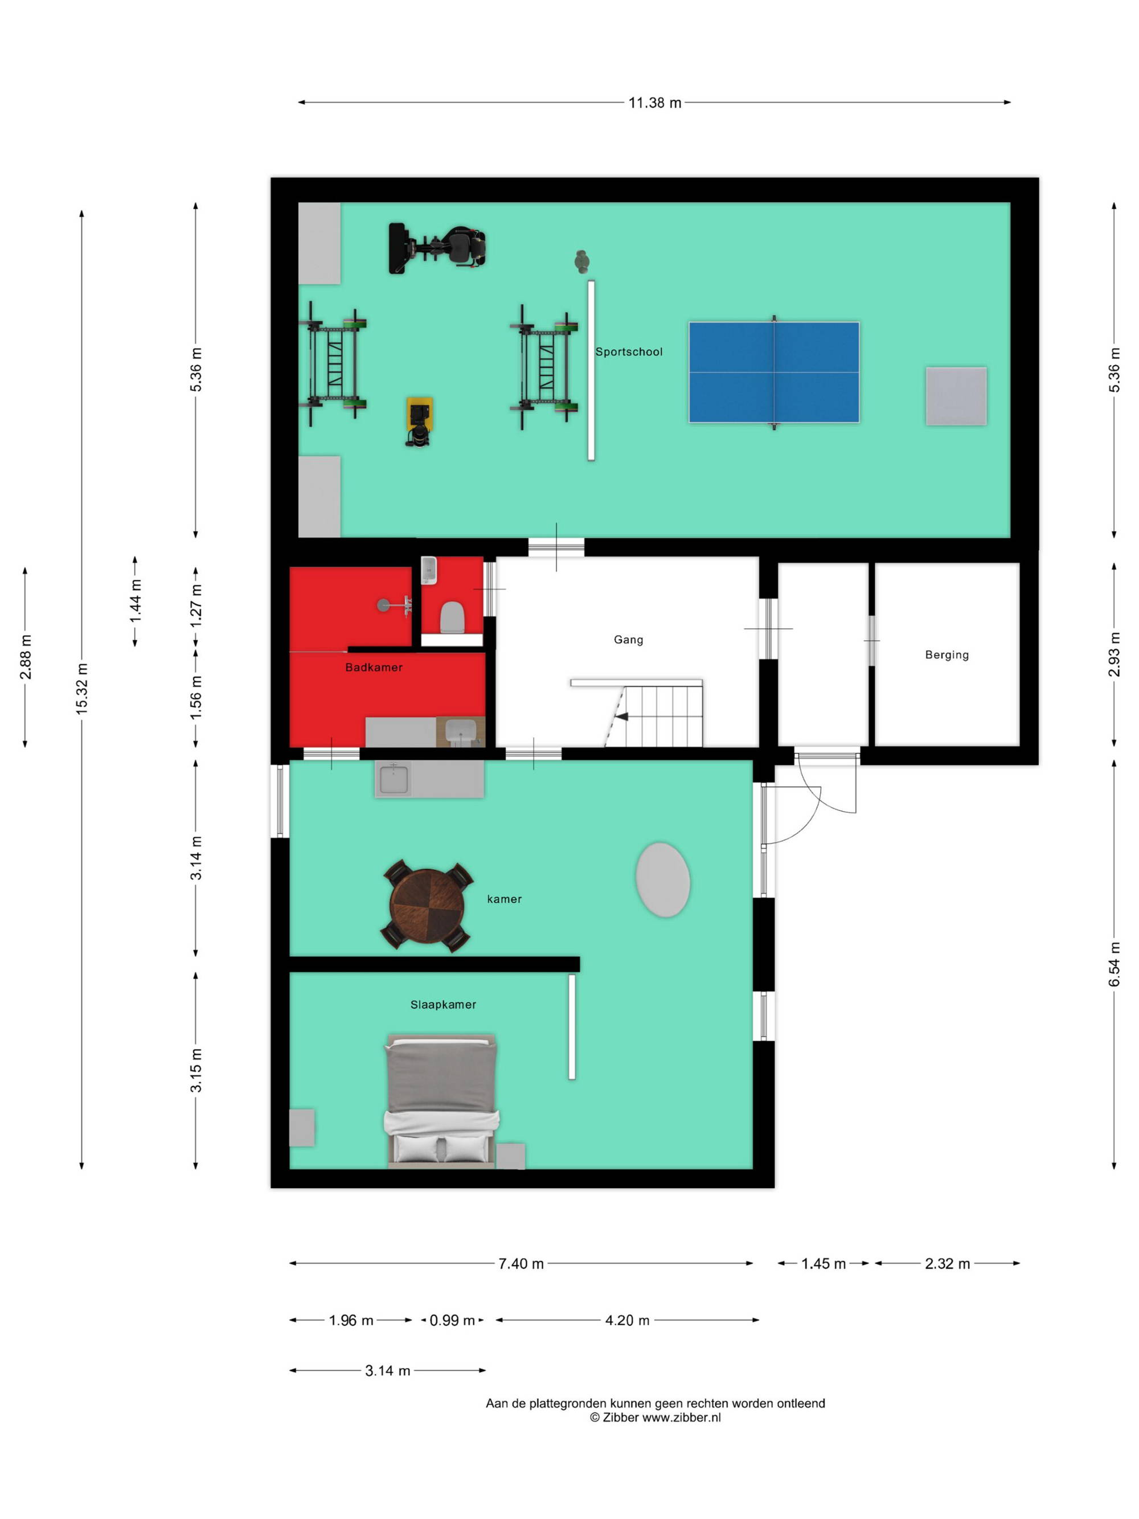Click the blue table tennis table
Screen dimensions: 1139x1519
pos(774,372)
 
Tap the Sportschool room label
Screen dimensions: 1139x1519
pos(629,351)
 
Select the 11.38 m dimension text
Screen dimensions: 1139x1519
pos(655,103)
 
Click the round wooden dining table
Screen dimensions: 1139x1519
pos(427,907)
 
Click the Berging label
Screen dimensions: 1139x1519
pos(947,654)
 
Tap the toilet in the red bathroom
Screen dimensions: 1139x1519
pos(452,617)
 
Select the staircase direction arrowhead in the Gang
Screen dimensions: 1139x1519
pos(621,717)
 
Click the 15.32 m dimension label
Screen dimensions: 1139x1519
pos(81,689)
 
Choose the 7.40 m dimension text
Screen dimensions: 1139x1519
pos(521,1263)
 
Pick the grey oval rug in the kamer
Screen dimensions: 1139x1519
pos(662,879)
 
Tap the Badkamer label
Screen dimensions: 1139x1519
pos(374,667)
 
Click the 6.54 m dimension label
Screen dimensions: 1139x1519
pos(1115,965)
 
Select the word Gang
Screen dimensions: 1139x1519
pos(628,640)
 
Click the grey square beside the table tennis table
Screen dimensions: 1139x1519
pos(956,396)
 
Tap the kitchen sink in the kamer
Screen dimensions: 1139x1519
pos(394,779)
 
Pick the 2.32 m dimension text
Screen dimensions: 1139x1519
pos(948,1263)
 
